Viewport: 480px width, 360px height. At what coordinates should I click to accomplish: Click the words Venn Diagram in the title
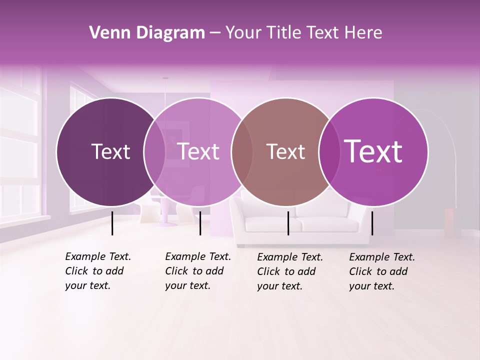[x=147, y=33]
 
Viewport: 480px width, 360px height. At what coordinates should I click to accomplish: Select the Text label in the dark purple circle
[x=110, y=151]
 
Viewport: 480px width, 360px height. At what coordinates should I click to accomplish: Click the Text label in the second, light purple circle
[x=198, y=151]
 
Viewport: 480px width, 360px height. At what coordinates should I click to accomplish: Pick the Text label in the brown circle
[x=285, y=151]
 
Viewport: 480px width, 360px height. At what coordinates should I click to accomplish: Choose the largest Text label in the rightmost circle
[x=373, y=151]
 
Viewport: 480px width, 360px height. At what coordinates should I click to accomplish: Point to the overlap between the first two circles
[x=154, y=151]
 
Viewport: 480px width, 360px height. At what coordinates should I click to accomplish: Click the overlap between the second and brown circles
[x=242, y=151]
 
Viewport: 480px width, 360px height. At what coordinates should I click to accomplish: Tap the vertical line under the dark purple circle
[x=112, y=223]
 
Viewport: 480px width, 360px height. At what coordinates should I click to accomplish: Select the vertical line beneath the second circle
[x=200, y=223]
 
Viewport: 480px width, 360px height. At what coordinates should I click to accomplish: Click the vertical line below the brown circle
[x=288, y=223]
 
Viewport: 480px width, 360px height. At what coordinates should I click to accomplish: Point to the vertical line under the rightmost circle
[x=372, y=223]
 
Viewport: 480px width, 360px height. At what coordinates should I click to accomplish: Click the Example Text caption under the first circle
[x=97, y=271]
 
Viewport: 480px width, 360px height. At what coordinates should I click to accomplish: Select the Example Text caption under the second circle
[x=197, y=271]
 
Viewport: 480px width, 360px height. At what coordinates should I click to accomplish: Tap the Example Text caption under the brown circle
[x=289, y=271]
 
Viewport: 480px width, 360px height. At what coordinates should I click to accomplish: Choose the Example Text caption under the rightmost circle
[x=381, y=271]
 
